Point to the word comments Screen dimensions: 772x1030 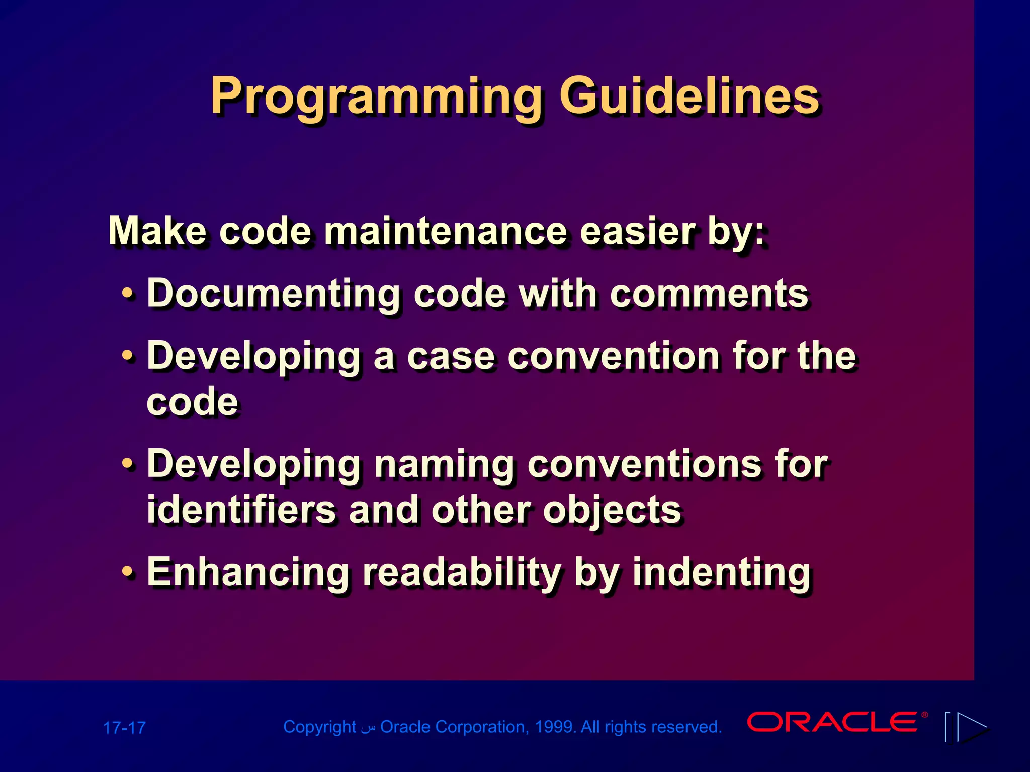709,294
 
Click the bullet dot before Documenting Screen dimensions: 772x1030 128,294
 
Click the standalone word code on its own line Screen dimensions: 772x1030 192,402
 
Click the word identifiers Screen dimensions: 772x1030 241,510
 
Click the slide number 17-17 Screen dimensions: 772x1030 124,728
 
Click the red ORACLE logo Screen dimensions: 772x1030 833,722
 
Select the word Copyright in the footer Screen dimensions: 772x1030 319,727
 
